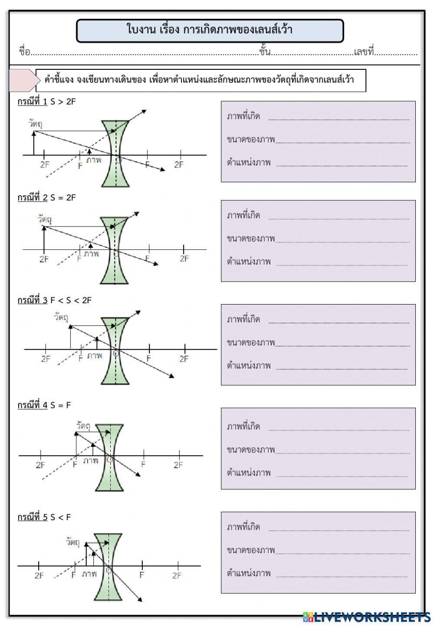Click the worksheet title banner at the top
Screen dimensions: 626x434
click(210, 30)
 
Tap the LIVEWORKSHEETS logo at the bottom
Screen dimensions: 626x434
click(367, 617)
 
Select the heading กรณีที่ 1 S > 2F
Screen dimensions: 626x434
click(46, 102)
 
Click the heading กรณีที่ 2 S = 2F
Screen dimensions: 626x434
click(46, 197)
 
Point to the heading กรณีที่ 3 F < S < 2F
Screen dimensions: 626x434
click(54, 300)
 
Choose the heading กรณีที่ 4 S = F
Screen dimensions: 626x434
click(44, 405)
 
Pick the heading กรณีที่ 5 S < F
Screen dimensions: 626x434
click(44, 517)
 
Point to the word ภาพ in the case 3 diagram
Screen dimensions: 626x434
click(95, 356)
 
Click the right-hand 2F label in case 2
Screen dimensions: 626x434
click(184, 259)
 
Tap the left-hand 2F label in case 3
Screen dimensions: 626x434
click(46, 359)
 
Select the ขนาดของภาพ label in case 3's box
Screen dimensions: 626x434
click(251, 343)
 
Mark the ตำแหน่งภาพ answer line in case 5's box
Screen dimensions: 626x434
click(342, 576)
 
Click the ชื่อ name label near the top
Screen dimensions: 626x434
click(24, 52)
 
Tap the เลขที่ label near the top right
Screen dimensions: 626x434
click(364, 52)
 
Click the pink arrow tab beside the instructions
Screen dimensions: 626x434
click(22, 80)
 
